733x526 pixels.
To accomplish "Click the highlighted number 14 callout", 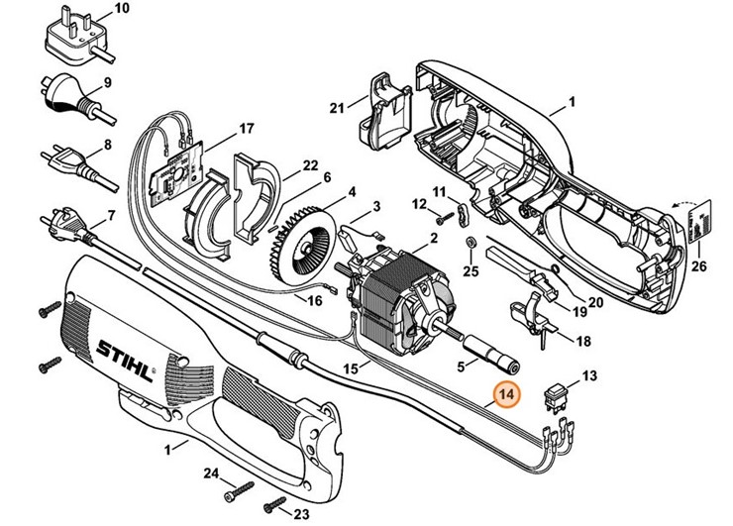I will click(x=506, y=394).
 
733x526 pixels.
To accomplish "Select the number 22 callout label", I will click(x=283, y=164).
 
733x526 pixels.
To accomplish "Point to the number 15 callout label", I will click(x=350, y=368).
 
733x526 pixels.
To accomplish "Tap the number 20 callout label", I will click(x=594, y=303).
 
